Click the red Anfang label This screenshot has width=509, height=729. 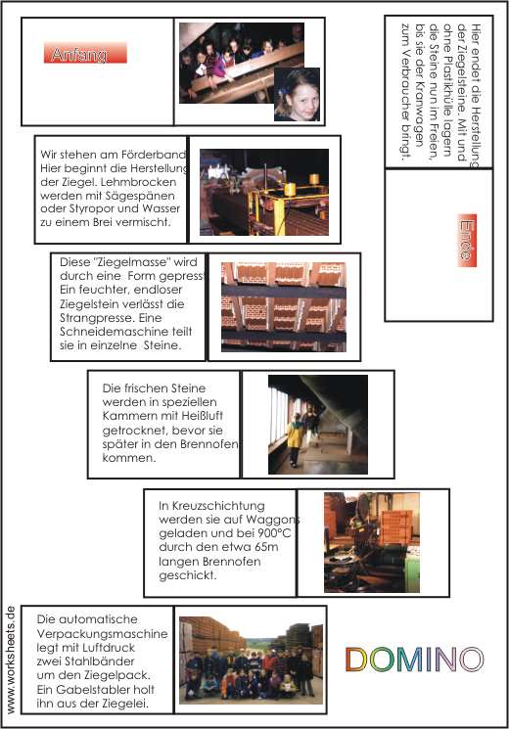tap(85, 53)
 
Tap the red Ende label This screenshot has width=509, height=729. tap(467, 240)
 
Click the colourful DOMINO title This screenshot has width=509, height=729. tap(415, 660)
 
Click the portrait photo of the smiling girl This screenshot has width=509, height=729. tap(297, 94)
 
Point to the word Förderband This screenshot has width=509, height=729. tap(154, 155)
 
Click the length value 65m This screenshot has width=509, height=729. tap(266, 547)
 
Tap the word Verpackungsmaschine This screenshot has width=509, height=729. tap(103, 634)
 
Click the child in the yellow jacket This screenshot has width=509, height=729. tap(294, 439)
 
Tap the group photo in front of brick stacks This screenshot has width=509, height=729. tap(252, 661)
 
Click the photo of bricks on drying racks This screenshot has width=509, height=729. tap(284, 307)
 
